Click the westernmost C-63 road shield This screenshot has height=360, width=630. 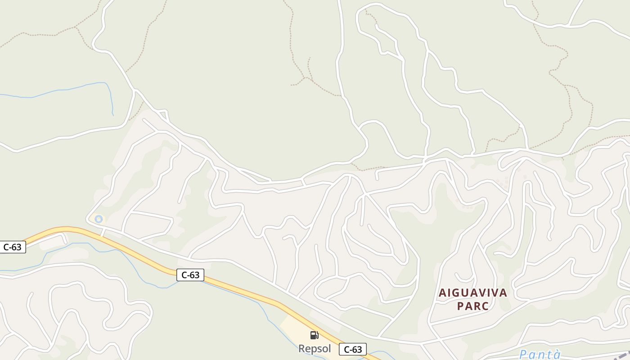(12, 247)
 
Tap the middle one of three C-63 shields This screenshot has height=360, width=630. (190, 274)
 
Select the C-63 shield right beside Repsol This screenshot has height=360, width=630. (353, 349)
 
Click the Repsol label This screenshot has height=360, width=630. (315, 348)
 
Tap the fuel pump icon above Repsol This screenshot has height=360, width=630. (315, 335)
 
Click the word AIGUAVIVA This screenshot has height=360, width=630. (473, 293)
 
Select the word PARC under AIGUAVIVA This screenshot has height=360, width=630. (473, 306)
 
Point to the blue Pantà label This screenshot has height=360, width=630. (540, 355)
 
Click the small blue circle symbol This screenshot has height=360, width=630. (99, 219)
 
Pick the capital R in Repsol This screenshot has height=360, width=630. (302, 348)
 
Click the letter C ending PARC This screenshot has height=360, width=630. (485, 306)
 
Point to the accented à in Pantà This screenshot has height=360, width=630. (557, 355)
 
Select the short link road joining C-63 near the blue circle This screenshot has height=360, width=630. (103, 232)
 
